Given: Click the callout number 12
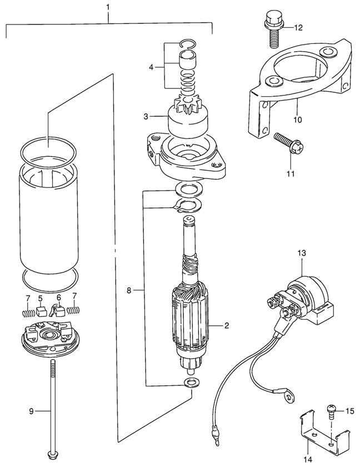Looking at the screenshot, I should pyautogui.click(x=298, y=27).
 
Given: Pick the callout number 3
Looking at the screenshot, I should pyautogui.click(x=146, y=117).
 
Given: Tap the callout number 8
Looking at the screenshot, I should pyautogui.click(x=129, y=290).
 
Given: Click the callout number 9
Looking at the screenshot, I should pyautogui.click(x=32, y=412).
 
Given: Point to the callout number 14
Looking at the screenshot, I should pyautogui.click(x=308, y=460).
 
